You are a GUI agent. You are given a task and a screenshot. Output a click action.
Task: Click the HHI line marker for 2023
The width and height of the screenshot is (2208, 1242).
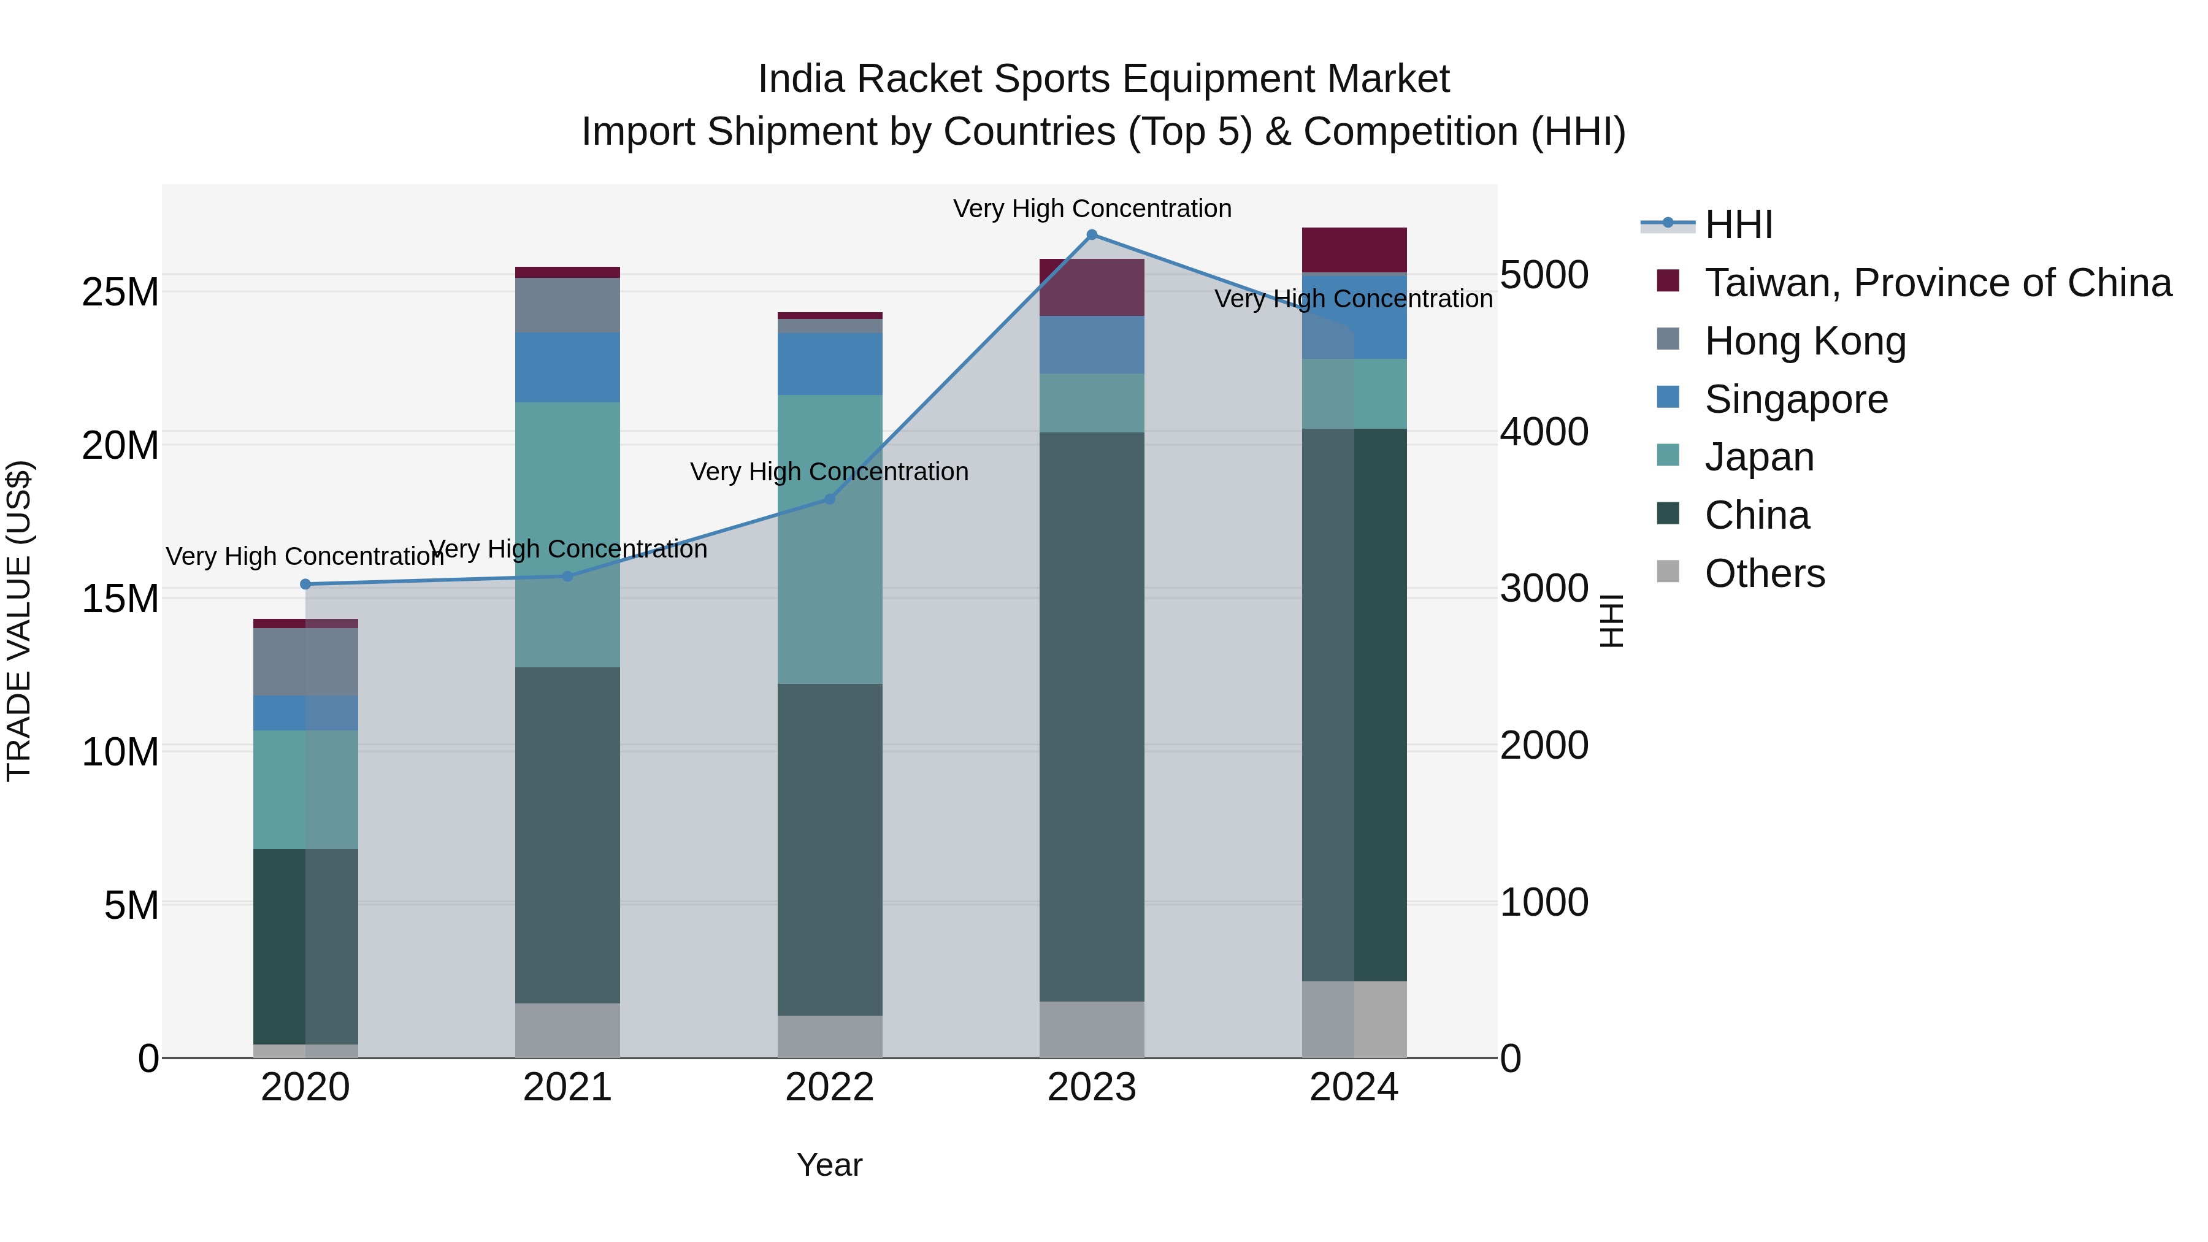1091,235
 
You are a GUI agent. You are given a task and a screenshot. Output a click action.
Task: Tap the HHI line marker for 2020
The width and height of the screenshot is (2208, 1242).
305,585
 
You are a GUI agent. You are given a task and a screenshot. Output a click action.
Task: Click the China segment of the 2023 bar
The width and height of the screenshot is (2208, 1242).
1091,716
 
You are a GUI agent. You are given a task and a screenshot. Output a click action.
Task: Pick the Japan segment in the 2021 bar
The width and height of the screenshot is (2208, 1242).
567,534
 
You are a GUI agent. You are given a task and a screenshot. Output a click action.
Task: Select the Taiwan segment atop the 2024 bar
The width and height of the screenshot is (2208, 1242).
1354,250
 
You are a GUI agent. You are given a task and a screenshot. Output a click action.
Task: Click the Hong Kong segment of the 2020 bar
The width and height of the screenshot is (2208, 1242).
305,662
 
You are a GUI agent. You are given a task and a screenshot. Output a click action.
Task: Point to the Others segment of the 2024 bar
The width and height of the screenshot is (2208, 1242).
1354,1019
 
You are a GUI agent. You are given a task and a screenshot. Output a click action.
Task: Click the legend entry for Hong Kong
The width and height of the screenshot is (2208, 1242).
1804,341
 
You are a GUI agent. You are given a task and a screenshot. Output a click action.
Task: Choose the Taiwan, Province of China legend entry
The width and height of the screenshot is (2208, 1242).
1937,283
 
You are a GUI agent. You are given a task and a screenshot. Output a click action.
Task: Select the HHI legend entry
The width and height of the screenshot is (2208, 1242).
1738,224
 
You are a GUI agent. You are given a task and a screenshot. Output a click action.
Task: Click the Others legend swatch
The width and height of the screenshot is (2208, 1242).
1668,572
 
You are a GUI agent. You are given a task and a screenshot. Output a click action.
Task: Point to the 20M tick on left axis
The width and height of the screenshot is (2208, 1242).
120,446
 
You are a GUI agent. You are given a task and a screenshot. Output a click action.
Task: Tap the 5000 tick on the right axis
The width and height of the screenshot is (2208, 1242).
1544,275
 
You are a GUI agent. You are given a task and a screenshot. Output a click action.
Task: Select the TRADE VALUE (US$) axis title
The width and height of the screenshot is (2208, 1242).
19,621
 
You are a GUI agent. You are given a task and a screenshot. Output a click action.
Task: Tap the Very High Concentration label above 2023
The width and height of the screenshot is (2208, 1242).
1091,209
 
